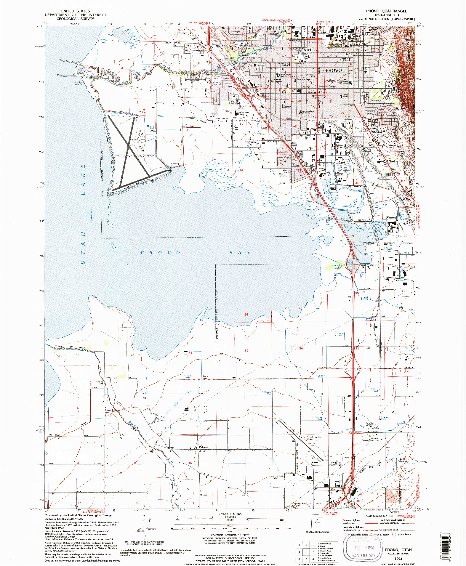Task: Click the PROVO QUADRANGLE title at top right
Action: click(386, 11)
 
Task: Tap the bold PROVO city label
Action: click(333, 70)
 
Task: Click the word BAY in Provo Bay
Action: click(240, 253)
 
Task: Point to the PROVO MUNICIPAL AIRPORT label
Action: click(135, 155)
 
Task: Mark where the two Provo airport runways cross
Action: click(128, 145)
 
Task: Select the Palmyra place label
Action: click(203, 447)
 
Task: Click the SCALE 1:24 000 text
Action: click(230, 514)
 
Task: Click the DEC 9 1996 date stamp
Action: click(364, 548)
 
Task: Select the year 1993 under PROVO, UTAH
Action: click(398, 559)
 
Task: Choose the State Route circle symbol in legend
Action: click(394, 535)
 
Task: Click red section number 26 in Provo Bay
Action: click(246, 315)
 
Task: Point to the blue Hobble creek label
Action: click(366, 298)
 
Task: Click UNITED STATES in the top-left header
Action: click(75, 11)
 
